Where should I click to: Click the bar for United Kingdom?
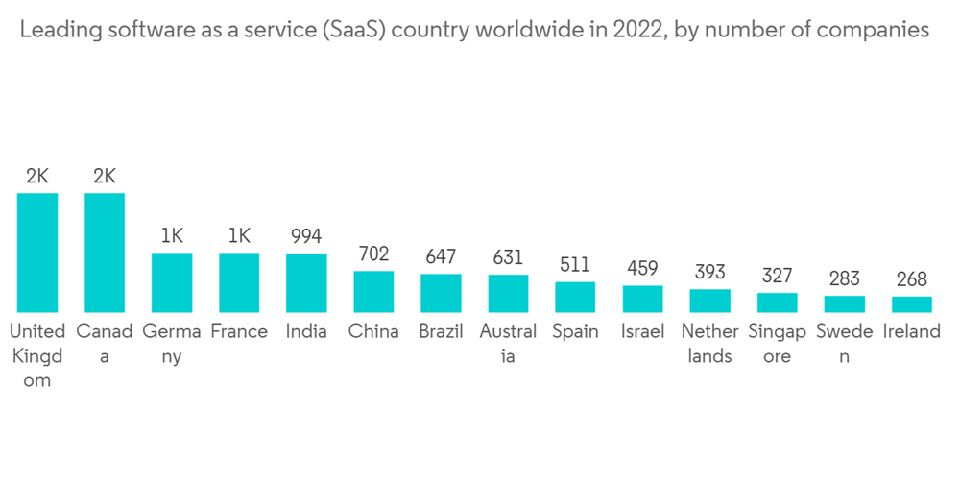(x=37, y=253)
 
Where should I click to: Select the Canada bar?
(x=105, y=253)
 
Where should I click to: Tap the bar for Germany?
(x=172, y=282)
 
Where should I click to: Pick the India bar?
(x=306, y=283)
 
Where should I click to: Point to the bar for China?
(x=373, y=292)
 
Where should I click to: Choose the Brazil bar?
(x=441, y=293)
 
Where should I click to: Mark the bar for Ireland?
(x=911, y=304)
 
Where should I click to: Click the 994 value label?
(x=306, y=236)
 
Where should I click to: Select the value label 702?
(x=373, y=254)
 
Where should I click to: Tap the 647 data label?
(x=441, y=257)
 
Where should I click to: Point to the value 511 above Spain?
(x=575, y=265)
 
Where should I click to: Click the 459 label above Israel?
(x=642, y=269)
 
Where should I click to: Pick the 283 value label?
(x=844, y=278)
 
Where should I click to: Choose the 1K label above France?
(x=239, y=236)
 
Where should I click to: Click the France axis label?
(x=239, y=331)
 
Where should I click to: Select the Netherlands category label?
(x=709, y=343)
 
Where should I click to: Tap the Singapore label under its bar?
(x=777, y=343)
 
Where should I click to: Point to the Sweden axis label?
(x=844, y=343)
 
